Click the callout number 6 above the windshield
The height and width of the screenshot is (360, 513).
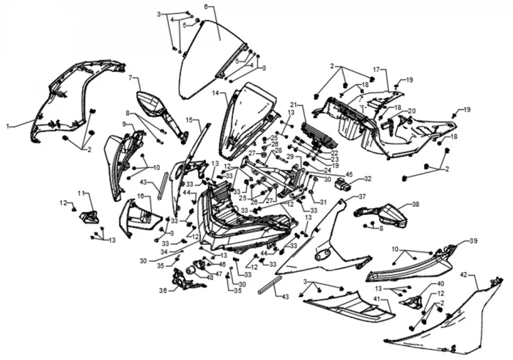point(206,7)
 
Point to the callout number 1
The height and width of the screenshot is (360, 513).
point(8,126)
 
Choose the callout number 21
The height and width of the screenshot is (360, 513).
point(292,105)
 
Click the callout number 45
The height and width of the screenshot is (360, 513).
point(349,175)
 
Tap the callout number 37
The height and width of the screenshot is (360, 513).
point(361,196)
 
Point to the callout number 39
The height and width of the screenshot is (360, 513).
point(473,240)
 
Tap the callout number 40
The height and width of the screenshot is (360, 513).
point(440,284)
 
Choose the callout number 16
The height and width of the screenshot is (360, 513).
point(140,196)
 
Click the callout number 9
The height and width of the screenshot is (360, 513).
point(125,125)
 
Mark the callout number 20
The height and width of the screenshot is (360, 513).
point(411,111)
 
